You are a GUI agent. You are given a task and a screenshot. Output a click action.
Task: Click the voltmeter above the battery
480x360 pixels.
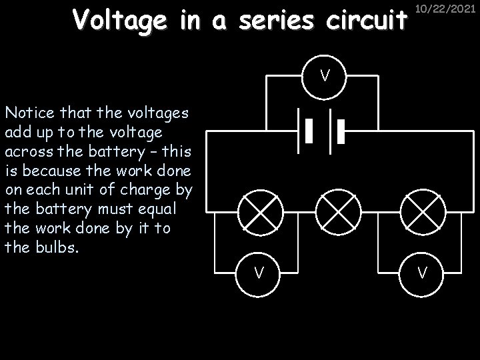click(324, 75)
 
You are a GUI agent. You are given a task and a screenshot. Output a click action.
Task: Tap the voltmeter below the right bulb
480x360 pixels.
click(421, 272)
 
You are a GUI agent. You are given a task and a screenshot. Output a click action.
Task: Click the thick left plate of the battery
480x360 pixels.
click(309, 132)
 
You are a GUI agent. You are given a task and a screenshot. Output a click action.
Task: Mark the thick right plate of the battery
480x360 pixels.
click(340, 132)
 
